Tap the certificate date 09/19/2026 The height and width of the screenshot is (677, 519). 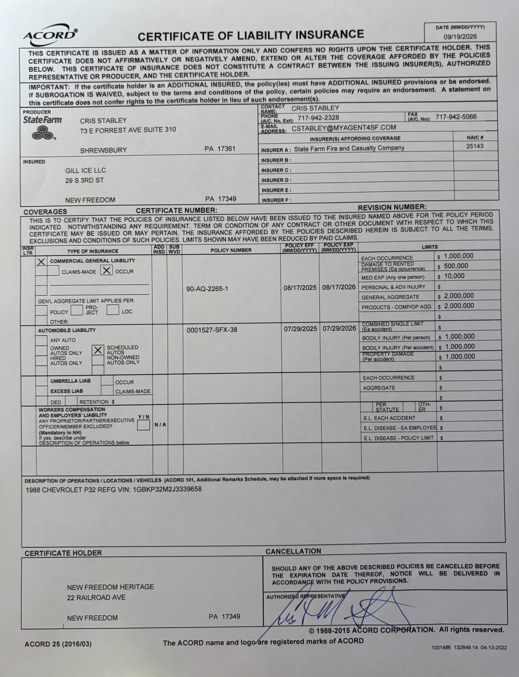point(460,37)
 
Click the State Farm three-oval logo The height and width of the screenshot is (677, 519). point(43,133)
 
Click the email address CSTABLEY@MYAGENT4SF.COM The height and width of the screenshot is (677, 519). point(343,128)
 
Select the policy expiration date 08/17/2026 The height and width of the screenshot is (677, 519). point(339,287)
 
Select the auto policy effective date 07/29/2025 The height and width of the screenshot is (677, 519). point(300,329)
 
